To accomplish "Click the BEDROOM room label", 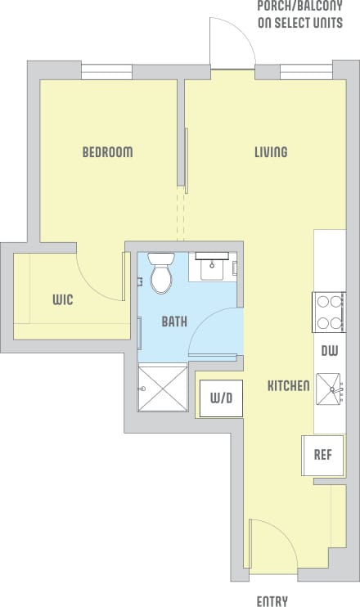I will coord(107,152).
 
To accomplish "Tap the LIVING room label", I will coord(270,152).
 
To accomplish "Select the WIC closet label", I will coord(62,300).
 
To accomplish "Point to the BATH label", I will coord(173,321).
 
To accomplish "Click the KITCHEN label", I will coord(288,385).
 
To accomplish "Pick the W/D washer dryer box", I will coord(219,399).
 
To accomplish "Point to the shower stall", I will coord(163,387).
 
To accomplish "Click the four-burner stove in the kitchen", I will coord(329,312).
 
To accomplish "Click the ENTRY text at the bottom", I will coord(272,601).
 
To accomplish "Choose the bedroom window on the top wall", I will coord(107,71).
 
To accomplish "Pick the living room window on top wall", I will coord(307,71).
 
